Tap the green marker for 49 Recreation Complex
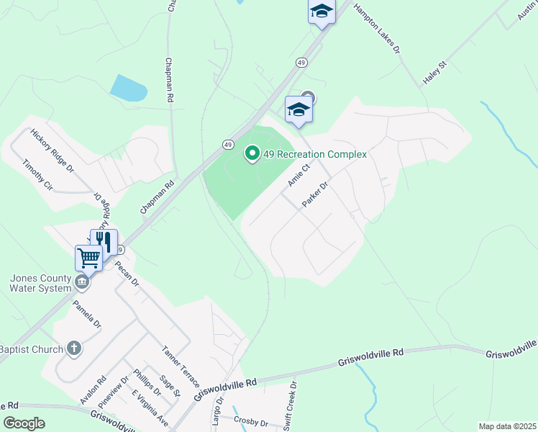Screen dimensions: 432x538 coord(252,153)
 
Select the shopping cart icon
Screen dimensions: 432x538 coord(89,257)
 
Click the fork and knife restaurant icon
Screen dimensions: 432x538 coord(104,241)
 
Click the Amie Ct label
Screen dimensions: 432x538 coord(298,175)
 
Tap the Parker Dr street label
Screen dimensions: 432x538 coord(315,194)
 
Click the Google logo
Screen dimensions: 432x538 coord(23,423)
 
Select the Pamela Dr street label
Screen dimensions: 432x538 coord(87,314)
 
